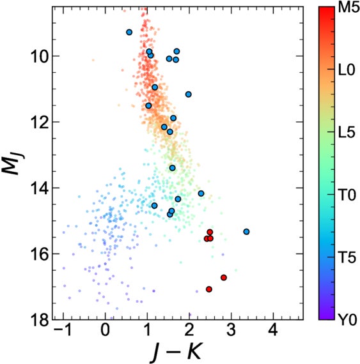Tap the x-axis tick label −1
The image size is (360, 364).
pos(62,332)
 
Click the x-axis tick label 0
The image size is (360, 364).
pos(106,332)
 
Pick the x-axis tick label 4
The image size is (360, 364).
pos(273,332)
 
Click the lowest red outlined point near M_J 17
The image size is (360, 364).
pos(209,289)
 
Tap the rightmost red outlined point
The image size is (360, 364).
pos(224,277)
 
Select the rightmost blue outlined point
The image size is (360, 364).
pos(247,231)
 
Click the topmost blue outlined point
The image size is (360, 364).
pos(129,32)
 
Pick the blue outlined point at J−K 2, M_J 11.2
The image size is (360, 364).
pos(189,94)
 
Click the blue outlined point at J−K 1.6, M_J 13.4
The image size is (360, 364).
pos(173,168)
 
